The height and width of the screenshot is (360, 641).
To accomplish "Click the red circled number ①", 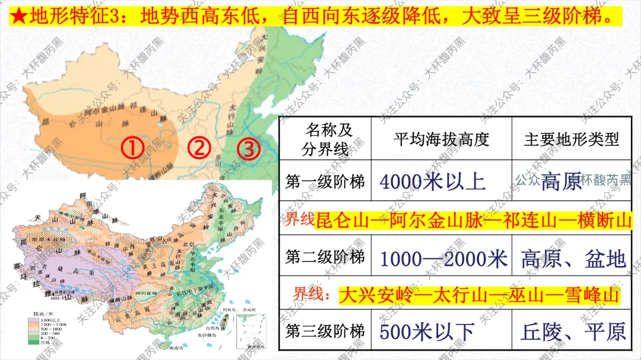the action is [134, 148].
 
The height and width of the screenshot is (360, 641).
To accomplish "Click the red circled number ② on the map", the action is [199, 148].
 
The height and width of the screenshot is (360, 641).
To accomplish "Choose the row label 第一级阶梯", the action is [325, 181].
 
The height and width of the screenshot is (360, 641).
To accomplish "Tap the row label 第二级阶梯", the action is [325, 257].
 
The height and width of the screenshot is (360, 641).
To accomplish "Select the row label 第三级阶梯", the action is [325, 331].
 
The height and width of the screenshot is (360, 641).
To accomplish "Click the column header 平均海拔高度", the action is [441, 139].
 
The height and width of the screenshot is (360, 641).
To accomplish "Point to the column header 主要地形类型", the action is [572, 139].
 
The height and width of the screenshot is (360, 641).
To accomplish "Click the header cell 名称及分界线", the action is [326, 139].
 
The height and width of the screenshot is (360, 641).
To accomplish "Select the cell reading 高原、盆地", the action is [573, 259].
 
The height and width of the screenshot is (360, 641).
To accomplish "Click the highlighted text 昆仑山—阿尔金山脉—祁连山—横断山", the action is [474, 220].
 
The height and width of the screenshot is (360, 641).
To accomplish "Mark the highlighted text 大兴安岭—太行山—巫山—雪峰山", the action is [479, 295].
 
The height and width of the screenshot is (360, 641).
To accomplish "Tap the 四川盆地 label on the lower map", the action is [145, 292].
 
